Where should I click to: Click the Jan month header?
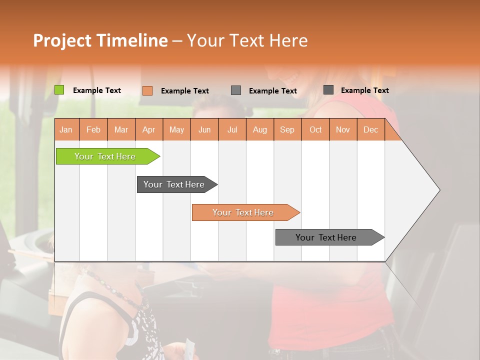[66, 129]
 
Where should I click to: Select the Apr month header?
[149, 129]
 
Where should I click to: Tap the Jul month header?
[232, 129]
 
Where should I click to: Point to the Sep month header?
[287, 129]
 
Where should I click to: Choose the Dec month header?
[370, 129]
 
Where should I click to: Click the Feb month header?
[93, 129]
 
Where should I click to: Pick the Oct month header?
[315, 129]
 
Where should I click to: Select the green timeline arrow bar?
[105, 156]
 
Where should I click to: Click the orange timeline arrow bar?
[243, 212]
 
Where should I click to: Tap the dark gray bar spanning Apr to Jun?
[174, 184]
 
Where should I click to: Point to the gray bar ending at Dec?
[326, 237]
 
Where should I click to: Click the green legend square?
[59, 90]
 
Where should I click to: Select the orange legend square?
[147, 90]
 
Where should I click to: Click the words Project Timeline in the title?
[100, 40]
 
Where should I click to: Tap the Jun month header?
[204, 129]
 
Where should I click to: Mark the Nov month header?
[343, 129]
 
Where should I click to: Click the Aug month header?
[260, 129]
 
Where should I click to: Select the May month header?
[176, 129]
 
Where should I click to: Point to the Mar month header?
[121, 129]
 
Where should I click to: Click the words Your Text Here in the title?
[247, 40]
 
